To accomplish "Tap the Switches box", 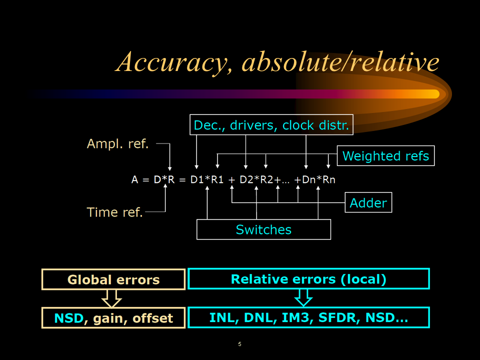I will [x=263, y=229].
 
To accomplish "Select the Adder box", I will [x=368, y=202].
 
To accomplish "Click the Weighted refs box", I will [x=385, y=156].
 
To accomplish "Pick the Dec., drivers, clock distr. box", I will [x=271, y=125].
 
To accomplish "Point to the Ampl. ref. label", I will [x=118, y=144].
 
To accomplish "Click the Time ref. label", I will [x=115, y=212].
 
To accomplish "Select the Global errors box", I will [x=113, y=279].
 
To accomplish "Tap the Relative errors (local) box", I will [x=308, y=279].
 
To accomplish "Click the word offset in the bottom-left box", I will [x=152, y=318].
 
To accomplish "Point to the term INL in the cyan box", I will [x=221, y=318].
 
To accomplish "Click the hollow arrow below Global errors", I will [x=111, y=298].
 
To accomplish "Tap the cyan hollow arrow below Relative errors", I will [x=303, y=298].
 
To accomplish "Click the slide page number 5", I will [x=239, y=344].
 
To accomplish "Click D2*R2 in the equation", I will [x=256, y=179].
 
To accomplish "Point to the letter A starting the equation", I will [x=134, y=179].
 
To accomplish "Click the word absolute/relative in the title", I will [x=340, y=62].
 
